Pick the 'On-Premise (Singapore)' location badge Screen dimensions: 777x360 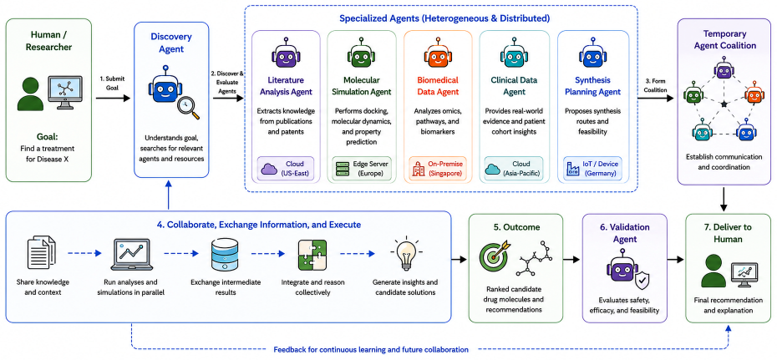click(x=437, y=168)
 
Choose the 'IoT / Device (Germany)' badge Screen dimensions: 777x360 click(x=592, y=168)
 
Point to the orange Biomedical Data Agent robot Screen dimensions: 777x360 click(x=438, y=54)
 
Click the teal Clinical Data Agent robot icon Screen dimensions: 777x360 click(x=515, y=54)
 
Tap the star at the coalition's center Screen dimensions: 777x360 click(x=724, y=104)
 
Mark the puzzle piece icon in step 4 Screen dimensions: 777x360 click(x=312, y=255)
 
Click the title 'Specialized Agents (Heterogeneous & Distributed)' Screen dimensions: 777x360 click(x=444, y=19)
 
